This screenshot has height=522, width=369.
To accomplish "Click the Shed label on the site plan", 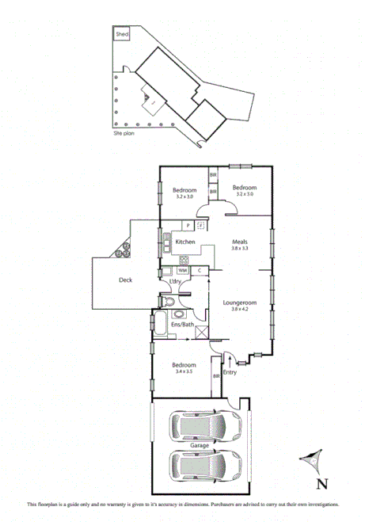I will [x=122, y=35].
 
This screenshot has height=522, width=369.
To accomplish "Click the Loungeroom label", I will [x=240, y=301].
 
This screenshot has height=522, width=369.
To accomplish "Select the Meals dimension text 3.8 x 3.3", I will [x=240, y=249].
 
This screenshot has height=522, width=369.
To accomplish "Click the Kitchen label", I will [x=185, y=242].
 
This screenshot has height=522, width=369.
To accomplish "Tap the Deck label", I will [x=126, y=280].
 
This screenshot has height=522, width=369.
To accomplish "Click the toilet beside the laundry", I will [x=169, y=303].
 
